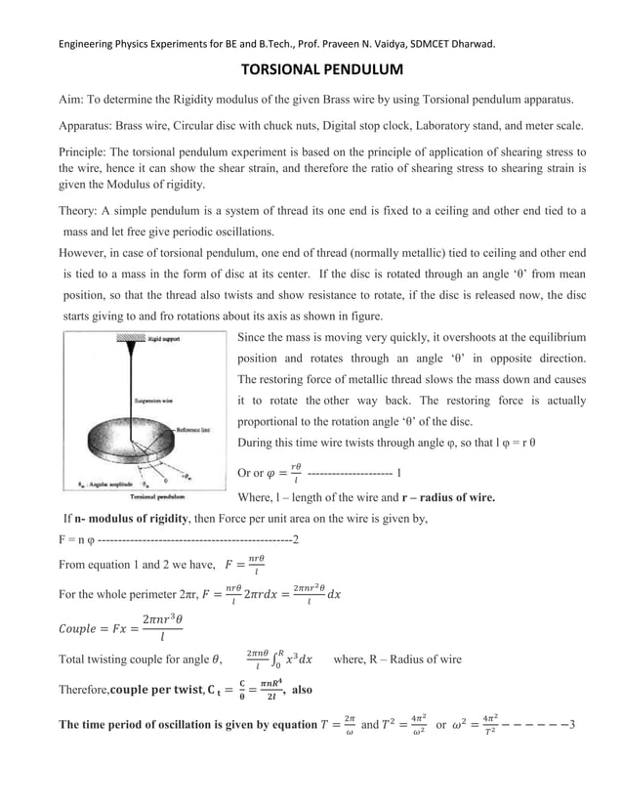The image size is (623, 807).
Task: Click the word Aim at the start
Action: coord(72,100)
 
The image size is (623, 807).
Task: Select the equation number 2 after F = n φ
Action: coord(296,539)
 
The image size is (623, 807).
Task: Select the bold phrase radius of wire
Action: coord(449,497)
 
